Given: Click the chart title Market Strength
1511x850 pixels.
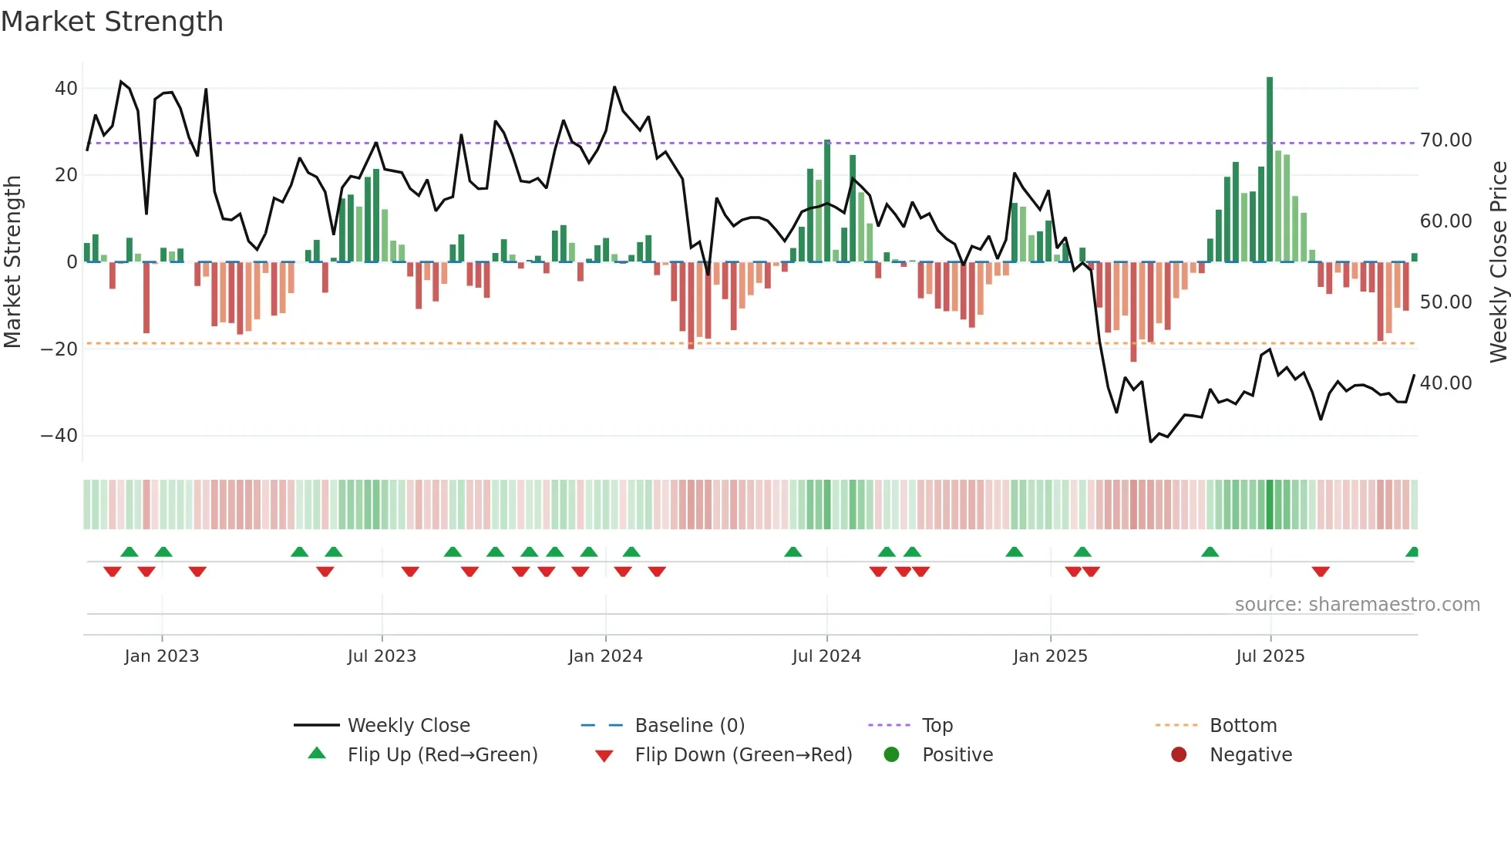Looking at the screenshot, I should point(112,22).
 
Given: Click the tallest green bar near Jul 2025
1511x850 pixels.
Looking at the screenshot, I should point(1270,170).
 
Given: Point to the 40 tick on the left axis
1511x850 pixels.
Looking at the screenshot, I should point(66,89).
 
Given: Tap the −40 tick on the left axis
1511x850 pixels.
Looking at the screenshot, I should point(59,436).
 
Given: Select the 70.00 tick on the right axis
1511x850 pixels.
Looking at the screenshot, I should point(1445,140).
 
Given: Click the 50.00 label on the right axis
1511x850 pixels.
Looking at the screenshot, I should point(1445,302).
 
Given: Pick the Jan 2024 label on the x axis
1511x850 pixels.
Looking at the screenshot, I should point(605,656).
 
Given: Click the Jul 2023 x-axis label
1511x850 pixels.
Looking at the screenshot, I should point(382,656).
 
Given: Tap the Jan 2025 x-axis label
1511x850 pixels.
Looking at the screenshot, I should point(1050,656).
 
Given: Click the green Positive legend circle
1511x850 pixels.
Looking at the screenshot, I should point(892,755).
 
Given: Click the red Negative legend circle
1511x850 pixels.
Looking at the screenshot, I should point(1179,755).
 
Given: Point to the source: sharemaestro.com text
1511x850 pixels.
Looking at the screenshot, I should point(1357,605).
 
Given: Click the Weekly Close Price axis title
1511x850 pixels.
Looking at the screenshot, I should point(1498,262).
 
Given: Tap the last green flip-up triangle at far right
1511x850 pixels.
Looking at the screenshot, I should point(1412,552).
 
